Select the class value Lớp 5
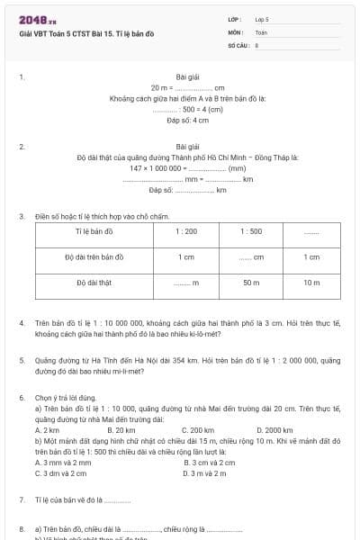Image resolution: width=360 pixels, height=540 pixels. tap(262, 18)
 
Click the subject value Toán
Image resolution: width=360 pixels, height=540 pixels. tap(261, 31)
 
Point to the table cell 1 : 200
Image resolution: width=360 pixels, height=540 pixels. tap(186, 231)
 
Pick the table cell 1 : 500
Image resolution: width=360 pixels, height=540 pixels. tap(251, 231)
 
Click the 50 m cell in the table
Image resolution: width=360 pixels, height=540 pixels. tap(251, 283)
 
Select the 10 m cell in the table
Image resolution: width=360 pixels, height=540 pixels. tap(310, 283)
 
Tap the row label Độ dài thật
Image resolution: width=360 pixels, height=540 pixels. tap(93, 283)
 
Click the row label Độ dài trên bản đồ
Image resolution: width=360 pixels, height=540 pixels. tap(93, 257)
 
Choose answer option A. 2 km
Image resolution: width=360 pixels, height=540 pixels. tap(47, 430)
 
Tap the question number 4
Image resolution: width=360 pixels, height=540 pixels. tap(22, 321)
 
